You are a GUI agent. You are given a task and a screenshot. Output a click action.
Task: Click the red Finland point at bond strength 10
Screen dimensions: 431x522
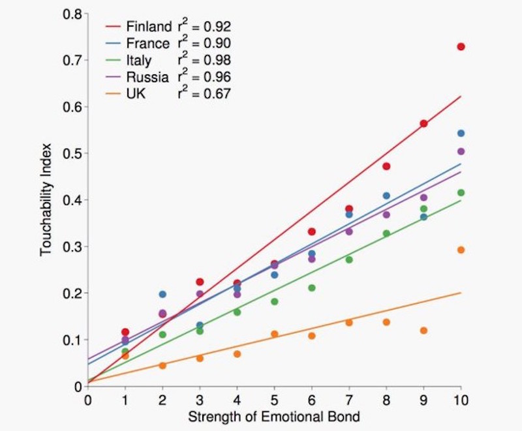pyautogui.click(x=461, y=47)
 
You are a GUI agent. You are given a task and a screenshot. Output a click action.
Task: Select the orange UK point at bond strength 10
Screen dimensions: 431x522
pyautogui.click(x=461, y=250)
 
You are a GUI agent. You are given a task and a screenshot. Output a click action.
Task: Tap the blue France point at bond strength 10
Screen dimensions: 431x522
pyautogui.click(x=461, y=133)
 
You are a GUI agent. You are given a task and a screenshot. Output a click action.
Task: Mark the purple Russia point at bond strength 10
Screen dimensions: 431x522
pyautogui.click(x=461, y=151)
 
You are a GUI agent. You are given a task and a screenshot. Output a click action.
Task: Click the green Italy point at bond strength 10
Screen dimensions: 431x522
pyautogui.click(x=461, y=192)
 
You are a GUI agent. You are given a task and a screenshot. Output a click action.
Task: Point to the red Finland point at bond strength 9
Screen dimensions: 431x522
pyautogui.click(x=423, y=123)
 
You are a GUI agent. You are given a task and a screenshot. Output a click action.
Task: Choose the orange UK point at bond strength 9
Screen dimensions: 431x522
pyautogui.click(x=423, y=331)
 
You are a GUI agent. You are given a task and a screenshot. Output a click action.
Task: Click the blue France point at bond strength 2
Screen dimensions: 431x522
pyautogui.click(x=162, y=295)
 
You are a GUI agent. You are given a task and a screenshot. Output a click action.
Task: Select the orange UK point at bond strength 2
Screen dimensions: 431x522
pyautogui.click(x=162, y=366)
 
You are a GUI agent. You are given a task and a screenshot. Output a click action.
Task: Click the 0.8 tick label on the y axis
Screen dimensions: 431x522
pyautogui.click(x=71, y=14)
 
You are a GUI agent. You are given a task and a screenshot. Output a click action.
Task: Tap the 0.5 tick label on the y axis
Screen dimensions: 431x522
pyautogui.click(x=71, y=154)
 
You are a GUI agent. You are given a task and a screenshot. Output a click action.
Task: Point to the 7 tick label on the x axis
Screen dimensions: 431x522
pyautogui.click(x=349, y=400)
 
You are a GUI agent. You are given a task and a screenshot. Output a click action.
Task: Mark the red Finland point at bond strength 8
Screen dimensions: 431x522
pyautogui.click(x=386, y=166)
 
